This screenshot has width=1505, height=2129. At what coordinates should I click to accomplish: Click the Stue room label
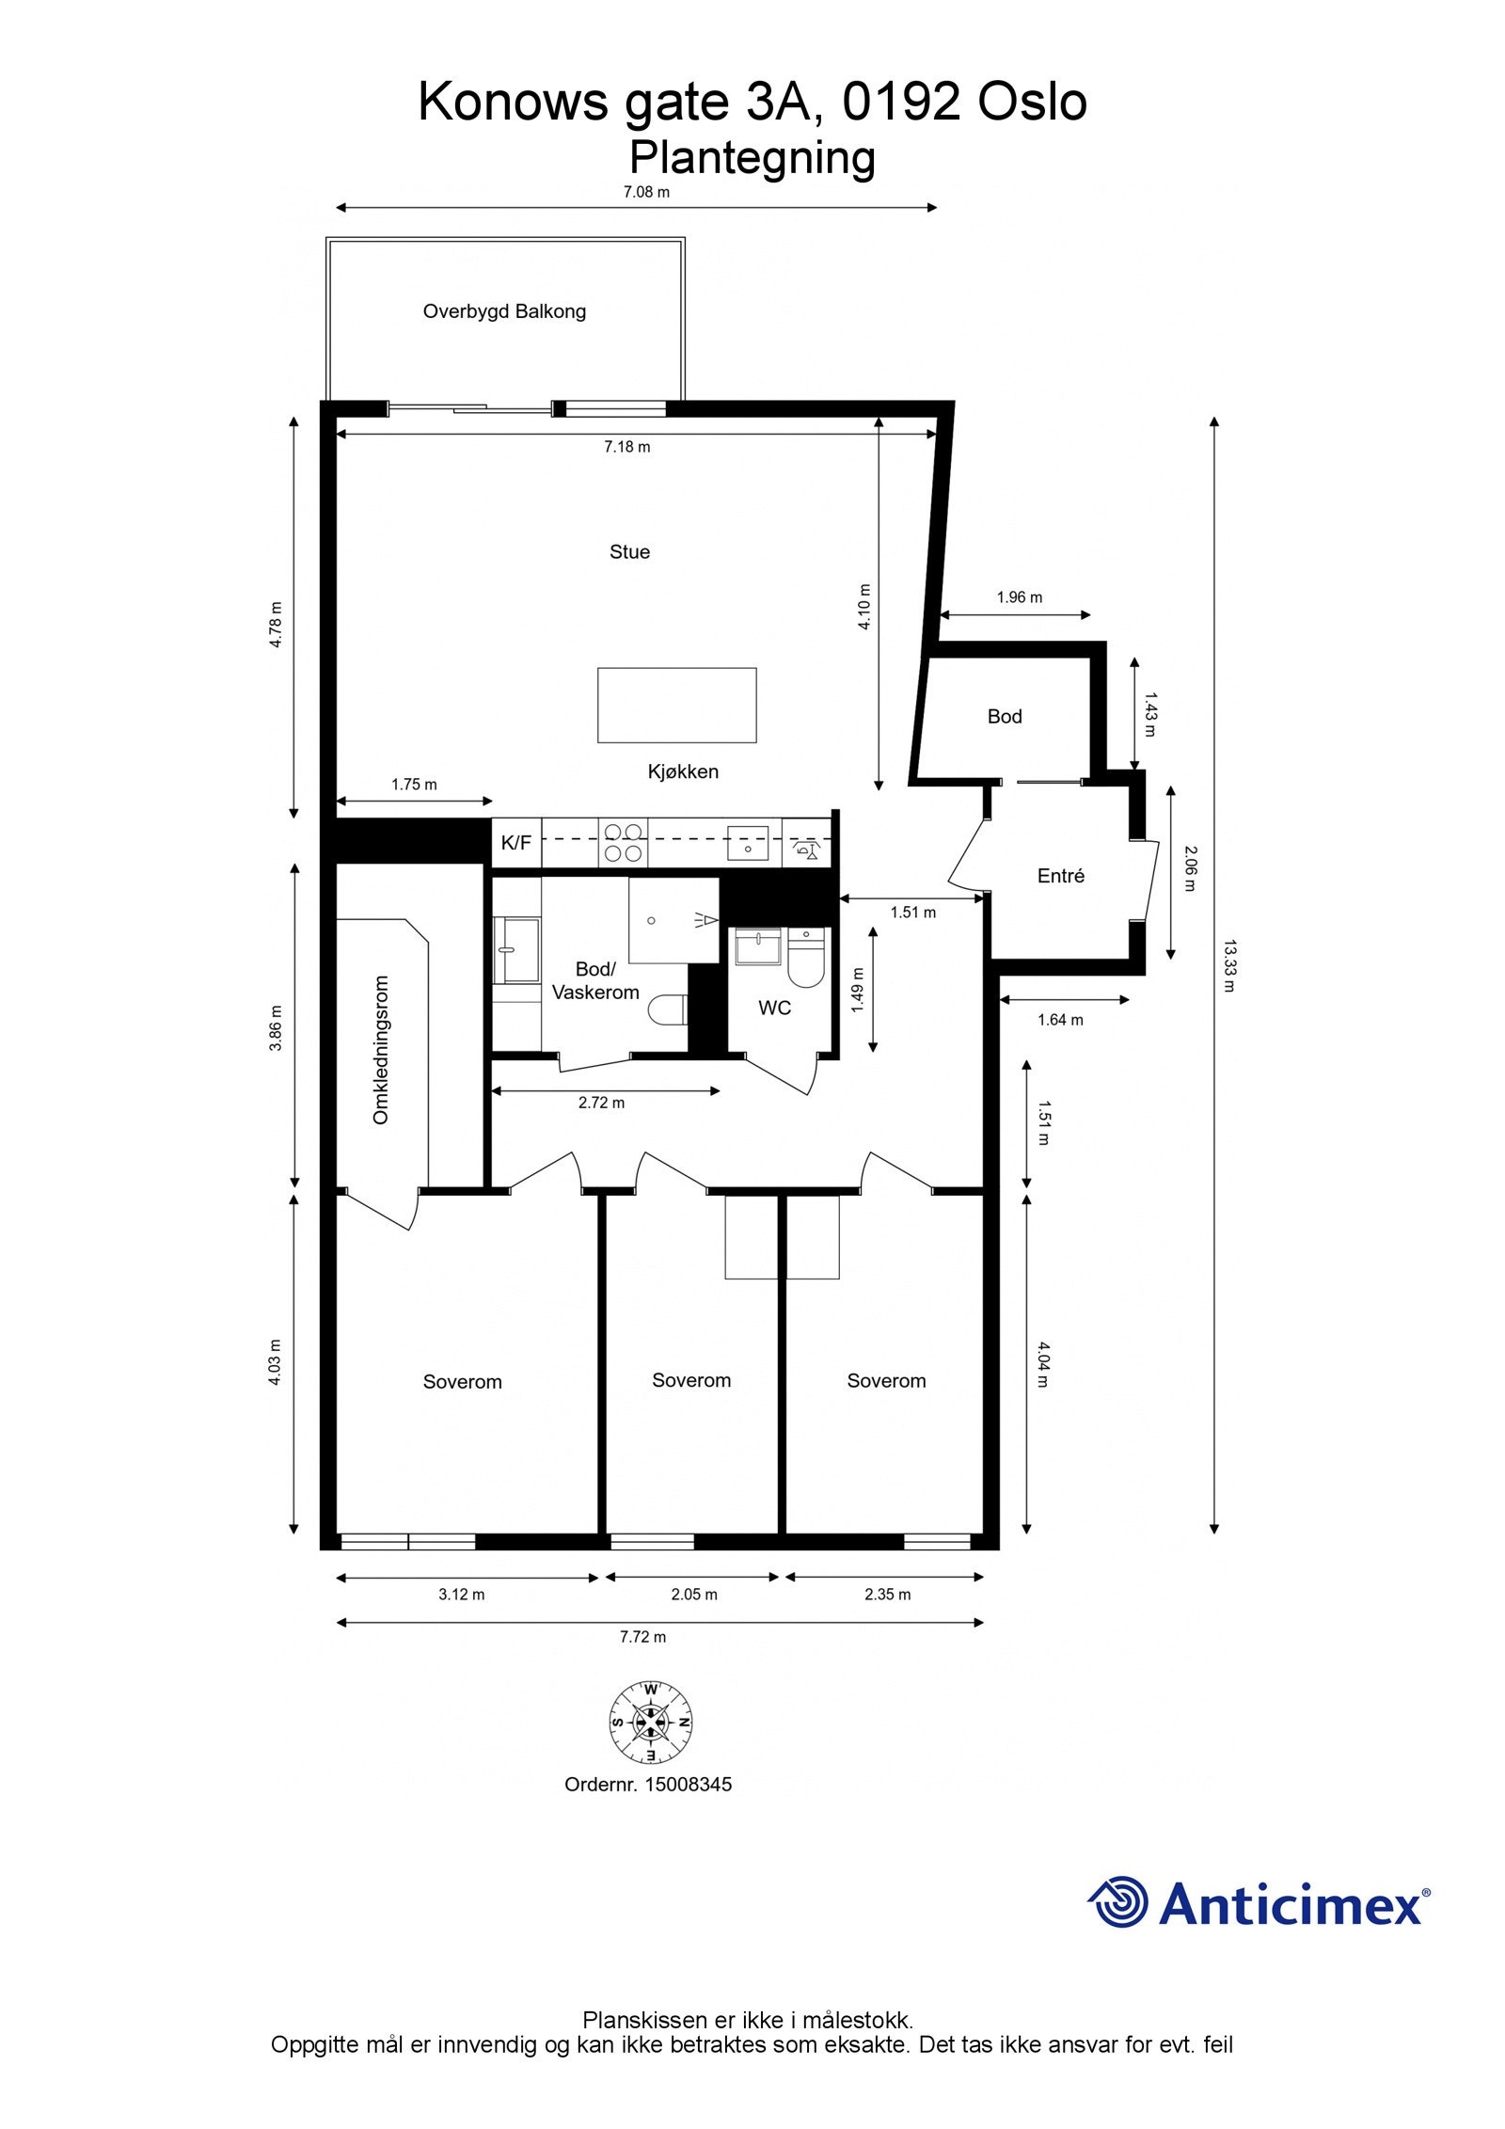click(628, 552)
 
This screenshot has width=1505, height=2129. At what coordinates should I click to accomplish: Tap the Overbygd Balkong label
click(504, 311)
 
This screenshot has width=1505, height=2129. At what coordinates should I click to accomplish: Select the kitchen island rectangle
click(676, 705)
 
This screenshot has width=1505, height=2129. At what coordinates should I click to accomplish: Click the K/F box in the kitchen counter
click(515, 843)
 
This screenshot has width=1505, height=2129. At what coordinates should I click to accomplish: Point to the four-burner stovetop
click(623, 842)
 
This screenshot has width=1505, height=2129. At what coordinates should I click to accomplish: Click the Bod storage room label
click(1004, 717)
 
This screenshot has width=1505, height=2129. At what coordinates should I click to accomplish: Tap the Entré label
click(1060, 876)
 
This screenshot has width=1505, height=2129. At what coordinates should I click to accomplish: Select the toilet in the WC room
click(805, 958)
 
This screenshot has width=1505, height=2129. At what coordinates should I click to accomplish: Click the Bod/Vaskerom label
click(594, 980)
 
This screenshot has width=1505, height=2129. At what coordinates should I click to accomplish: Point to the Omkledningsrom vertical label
click(381, 1050)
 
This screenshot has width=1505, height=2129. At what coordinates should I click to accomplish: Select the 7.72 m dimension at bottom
click(642, 1637)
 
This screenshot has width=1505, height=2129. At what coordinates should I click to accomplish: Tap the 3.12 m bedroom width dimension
click(462, 1595)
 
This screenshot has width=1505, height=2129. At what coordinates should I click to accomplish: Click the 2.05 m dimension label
click(694, 1595)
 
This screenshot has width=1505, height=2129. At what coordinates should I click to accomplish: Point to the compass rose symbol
click(650, 1723)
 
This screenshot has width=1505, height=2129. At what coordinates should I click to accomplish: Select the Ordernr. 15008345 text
click(647, 1785)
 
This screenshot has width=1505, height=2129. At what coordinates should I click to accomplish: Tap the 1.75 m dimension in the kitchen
click(414, 785)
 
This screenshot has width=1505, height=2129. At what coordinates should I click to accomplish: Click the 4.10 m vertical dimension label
click(864, 607)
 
